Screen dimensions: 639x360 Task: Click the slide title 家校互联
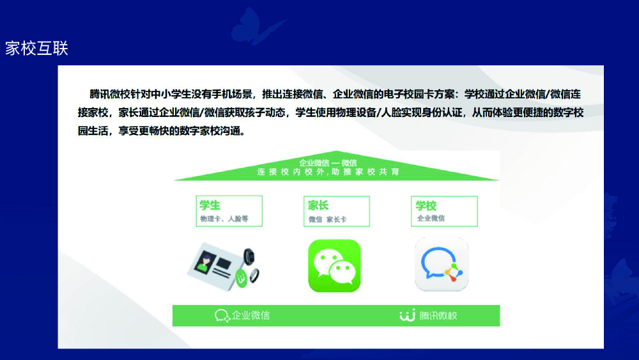(x=36, y=49)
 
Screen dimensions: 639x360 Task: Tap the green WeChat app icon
(x=335, y=266)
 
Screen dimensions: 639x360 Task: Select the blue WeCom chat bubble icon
(x=442, y=265)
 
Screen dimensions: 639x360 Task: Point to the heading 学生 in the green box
(x=210, y=205)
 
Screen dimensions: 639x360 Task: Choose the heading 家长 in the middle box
(x=318, y=205)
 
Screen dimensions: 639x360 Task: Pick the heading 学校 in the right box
(x=426, y=205)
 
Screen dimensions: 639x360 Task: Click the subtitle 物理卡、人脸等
(x=224, y=219)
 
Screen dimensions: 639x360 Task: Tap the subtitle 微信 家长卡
(x=327, y=219)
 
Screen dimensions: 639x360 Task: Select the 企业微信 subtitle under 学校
(x=431, y=218)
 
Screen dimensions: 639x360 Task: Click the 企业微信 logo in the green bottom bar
(x=242, y=315)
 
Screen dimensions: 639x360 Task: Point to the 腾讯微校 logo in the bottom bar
(x=428, y=315)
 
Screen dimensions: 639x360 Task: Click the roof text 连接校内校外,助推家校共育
(x=328, y=172)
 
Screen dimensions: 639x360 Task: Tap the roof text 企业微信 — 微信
(x=328, y=162)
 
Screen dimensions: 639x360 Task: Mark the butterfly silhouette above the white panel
(x=258, y=27)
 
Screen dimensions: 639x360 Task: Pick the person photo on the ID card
(x=205, y=262)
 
